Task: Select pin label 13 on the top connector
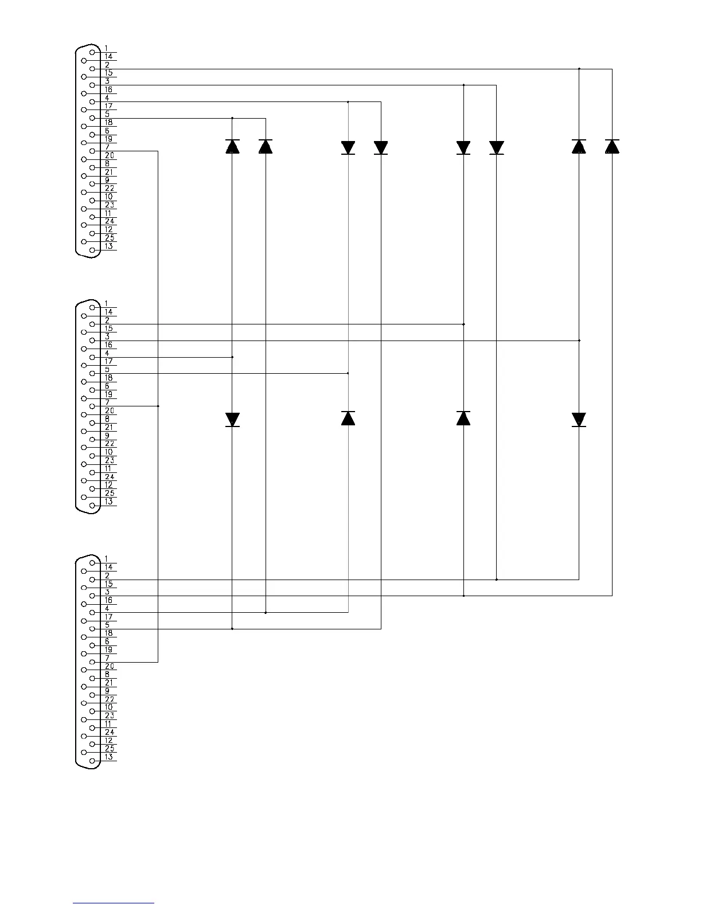coord(109,246)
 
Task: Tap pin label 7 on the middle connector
coord(107,402)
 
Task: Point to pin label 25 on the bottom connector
coord(110,749)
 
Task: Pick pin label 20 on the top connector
coord(110,156)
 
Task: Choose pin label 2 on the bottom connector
coord(107,576)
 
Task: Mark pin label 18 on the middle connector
coord(109,378)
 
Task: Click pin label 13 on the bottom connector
coord(109,757)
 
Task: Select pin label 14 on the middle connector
coord(109,312)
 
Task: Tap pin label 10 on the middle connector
coord(109,452)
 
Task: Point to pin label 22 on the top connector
coord(110,189)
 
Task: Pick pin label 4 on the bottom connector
coord(107,609)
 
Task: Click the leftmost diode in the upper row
coord(232,147)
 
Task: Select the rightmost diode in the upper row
coord(612,147)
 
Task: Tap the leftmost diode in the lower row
coord(232,420)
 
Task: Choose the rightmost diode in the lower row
coord(579,420)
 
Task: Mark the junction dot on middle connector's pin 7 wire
coord(158,406)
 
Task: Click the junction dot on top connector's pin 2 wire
coord(579,69)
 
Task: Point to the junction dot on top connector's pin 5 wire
coord(232,119)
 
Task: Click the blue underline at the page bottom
coord(114,903)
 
